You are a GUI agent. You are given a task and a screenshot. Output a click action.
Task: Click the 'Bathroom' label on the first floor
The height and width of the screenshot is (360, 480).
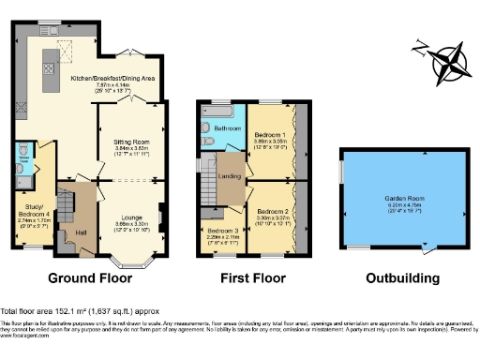(227, 128)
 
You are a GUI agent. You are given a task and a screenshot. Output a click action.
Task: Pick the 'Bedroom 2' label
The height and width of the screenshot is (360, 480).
(273, 213)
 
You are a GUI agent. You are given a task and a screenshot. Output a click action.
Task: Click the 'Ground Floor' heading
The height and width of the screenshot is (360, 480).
(93, 278)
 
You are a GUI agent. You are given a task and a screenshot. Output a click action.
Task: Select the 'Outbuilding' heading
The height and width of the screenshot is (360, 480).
(403, 278)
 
